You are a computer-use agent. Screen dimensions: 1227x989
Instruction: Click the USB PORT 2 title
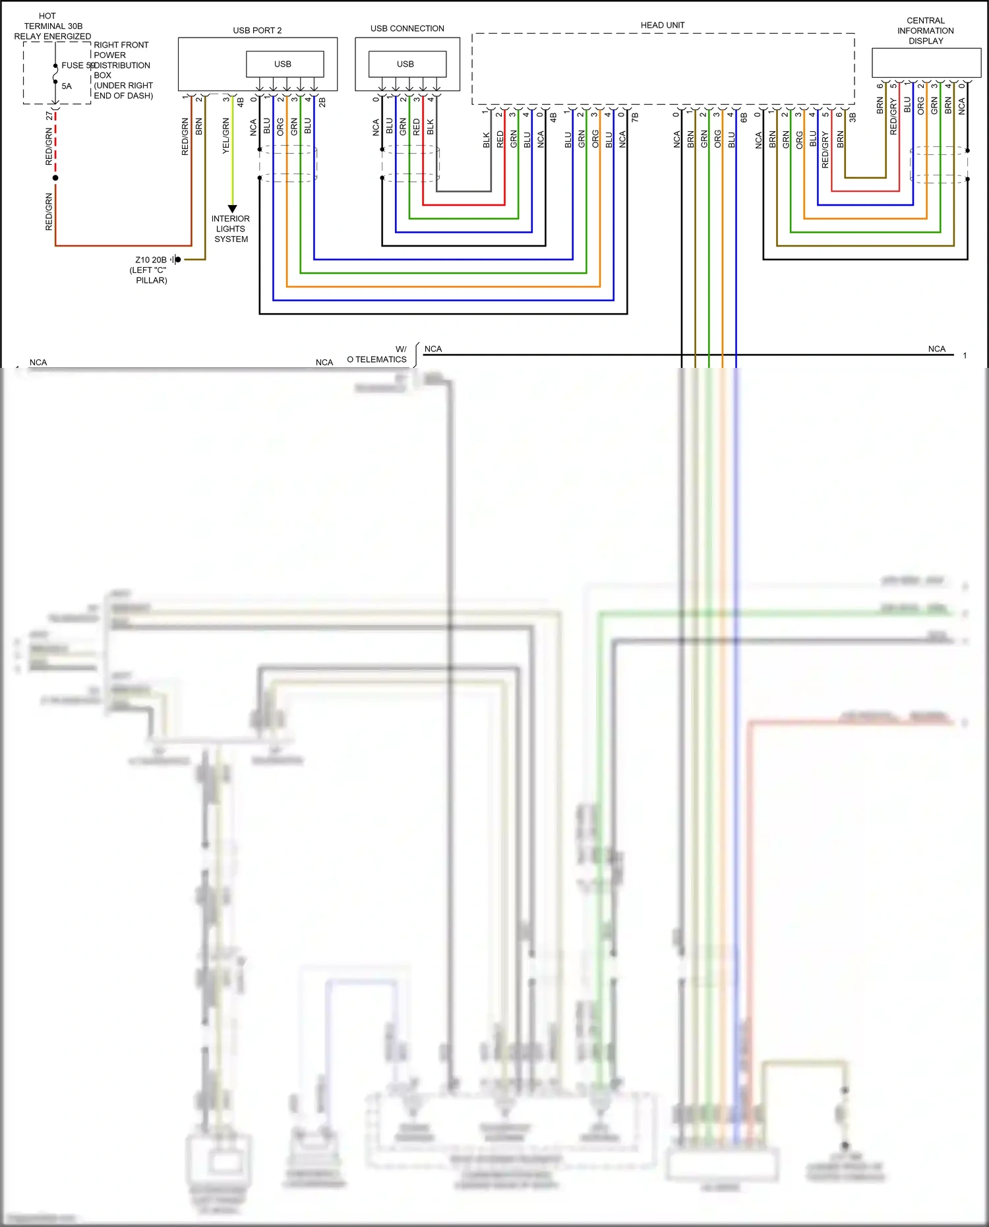[x=257, y=30]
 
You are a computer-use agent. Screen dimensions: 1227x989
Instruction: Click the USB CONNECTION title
[x=407, y=28]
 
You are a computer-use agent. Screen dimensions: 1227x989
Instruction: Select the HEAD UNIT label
[x=663, y=25]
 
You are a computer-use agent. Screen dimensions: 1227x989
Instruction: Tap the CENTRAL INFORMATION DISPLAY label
[x=925, y=30]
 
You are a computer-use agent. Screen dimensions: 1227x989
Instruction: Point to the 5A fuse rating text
[x=67, y=86]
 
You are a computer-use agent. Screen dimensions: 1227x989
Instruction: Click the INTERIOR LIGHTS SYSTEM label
[x=231, y=229]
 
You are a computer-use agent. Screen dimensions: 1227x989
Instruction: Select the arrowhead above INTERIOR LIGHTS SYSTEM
[x=232, y=209]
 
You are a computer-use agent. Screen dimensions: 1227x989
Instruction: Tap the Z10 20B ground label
[x=151, y=260]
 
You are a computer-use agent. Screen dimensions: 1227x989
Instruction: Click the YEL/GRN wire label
[x=226, y=136]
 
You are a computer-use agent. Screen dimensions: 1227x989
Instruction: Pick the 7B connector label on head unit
[x=635, y=117]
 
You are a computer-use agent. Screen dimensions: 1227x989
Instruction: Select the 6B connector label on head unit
[x=744, y=117]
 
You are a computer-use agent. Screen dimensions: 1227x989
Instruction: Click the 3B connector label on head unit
[x=853, y=117]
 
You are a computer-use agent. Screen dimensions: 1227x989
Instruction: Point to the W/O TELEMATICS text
[x=378, y=355]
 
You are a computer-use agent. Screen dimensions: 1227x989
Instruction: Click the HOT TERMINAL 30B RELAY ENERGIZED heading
[x=52, y=26]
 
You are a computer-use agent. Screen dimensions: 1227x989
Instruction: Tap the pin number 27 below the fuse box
[x=49, y=116]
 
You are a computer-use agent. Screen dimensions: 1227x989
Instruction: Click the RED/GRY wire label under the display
[x=893, y=117]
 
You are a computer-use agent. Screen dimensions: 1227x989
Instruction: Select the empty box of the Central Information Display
[x=926, y=63]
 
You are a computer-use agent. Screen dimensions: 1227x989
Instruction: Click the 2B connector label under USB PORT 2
[x=322, y=103]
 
